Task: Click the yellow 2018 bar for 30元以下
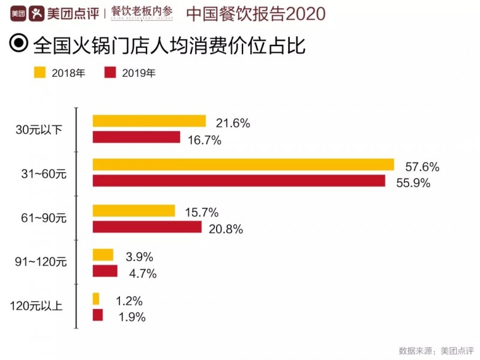(x=149, y=121)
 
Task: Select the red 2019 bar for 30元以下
(x=136, y=137)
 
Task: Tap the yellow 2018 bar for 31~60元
(x=243, y=164)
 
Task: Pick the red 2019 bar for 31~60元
(x=238, y=181)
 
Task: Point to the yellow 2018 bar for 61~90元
(x=133, y=211)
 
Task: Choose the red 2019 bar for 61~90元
(x=147, y=227)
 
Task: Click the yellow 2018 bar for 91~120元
(x=103, y=255)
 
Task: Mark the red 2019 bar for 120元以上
(x=98, y=315)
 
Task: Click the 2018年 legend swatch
(x=40, y=73)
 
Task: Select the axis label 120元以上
(x=41, y=307)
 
